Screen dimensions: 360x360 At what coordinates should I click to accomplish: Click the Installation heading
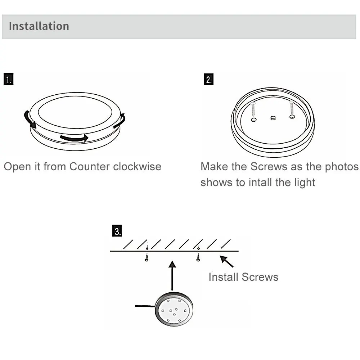point(39,26)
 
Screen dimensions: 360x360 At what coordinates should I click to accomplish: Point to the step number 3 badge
point(117,231)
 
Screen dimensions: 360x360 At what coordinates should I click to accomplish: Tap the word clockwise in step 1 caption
point(137,167)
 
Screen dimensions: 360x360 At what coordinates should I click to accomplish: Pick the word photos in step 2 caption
point(342,167)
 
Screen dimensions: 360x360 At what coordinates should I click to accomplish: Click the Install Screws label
point(243,277)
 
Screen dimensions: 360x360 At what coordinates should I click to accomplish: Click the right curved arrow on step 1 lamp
point(120,121)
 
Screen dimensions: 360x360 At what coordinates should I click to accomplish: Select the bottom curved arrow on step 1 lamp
point(74,138)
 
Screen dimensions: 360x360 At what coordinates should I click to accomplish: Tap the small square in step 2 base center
point(273,118)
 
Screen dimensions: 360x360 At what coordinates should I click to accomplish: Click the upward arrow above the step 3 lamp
point(172,275)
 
